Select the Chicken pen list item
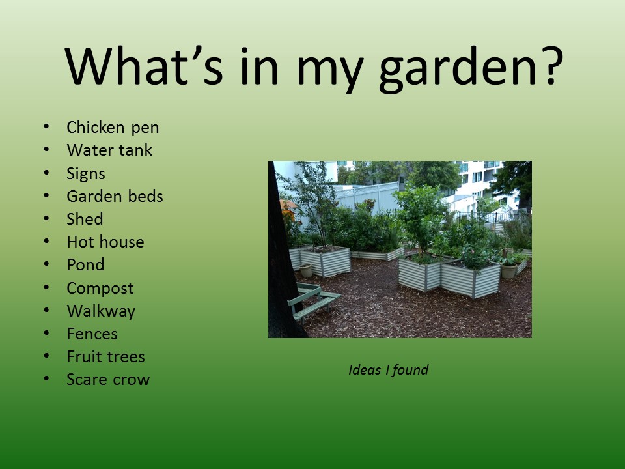click(113, 128)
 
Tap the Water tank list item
click(109, 150)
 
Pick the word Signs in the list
click(86, 174)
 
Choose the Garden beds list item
click(115, 196)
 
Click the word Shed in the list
click(85, 219)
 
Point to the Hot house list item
click(105, 242)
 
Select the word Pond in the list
click(85, 265)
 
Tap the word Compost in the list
click(100, 289)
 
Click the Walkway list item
click(101, 311)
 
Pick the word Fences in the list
click(92, 334)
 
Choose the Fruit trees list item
click(105, 356)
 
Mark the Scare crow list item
click(108, 380)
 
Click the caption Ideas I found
click(388, 370)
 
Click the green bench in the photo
click(313, 302)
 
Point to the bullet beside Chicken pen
click(47, 127)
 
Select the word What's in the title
click(143, 65)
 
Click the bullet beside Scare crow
click(47, 378)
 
